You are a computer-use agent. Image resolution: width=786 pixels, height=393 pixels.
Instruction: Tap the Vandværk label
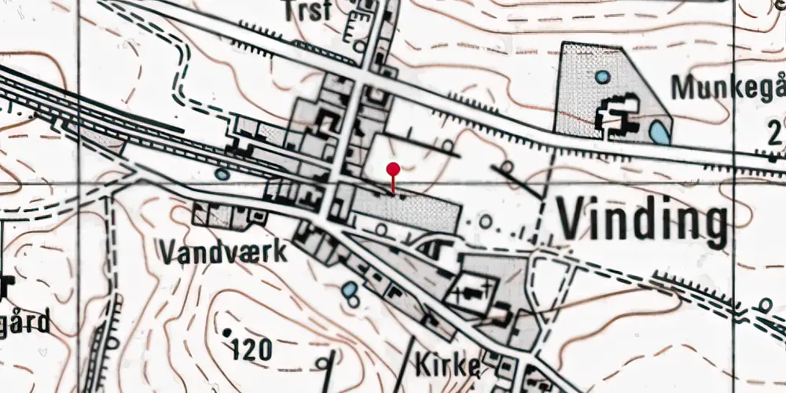pos(223,252)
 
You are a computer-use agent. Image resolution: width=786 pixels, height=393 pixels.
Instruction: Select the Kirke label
pos(445,364)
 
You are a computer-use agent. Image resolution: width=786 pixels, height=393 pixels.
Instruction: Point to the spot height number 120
pos(252,348)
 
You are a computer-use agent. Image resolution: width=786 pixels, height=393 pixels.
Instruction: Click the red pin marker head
pos(393,168)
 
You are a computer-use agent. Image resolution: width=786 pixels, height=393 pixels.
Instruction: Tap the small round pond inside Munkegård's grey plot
pos(602,77)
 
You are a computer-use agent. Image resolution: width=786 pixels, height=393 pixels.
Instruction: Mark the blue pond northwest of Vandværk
pos(222,174)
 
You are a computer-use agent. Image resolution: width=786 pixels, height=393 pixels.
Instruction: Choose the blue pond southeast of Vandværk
pos(349,292)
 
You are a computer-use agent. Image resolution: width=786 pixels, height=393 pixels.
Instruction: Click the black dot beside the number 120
pos(227,333)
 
